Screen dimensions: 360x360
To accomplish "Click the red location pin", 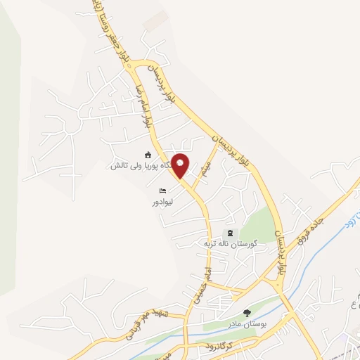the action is [x=181, y=166].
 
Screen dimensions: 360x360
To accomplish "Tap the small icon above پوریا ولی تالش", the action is [x=148, y=155].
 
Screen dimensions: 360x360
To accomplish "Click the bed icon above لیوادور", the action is [x=163, y=190].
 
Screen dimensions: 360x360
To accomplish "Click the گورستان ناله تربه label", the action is [x=228, y=243].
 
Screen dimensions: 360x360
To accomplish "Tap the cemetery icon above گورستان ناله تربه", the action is [x=229, y=233].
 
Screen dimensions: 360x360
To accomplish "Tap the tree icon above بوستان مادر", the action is [x=246, y=312].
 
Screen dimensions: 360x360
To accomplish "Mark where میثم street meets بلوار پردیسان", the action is [x=217, y=145].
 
